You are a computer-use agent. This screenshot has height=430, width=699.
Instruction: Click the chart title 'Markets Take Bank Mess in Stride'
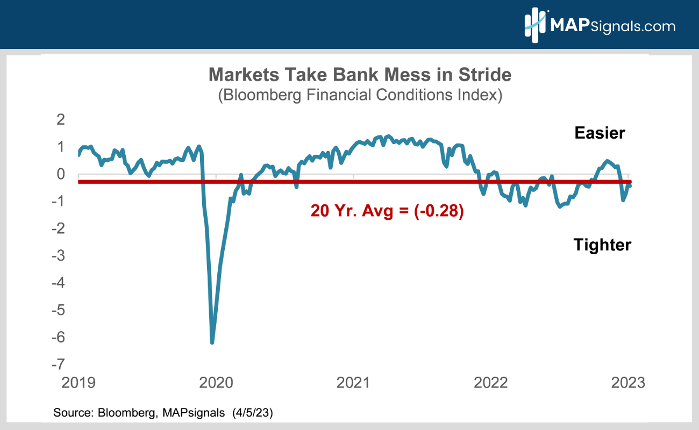pyautogui.click(x=360, y=75)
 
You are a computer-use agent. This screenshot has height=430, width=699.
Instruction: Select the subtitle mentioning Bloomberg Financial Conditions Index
pyautogui.click(x=360, y=95)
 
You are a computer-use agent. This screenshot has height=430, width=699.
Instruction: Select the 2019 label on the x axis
pyautogui.click(x=79, y=383)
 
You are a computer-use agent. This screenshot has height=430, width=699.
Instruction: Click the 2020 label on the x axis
pyautogui.click(x=216, y=383)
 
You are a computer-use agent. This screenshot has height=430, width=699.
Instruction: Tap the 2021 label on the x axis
pyautogui.click(x=354, y=383)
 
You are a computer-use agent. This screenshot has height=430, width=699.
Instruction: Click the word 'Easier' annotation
pyautogui.click(x=600, y=133)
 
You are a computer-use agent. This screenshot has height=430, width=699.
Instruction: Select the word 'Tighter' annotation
pyautogui.click(x=602, y=245)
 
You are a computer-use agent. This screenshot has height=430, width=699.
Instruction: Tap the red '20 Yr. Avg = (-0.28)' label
pyautogui.click(x=387, y=211)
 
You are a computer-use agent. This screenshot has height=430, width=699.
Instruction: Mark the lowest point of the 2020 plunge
pyautogui.click(x=212, y=342)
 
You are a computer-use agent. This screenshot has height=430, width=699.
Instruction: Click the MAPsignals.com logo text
pyautogui.click(x=612, y=25)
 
